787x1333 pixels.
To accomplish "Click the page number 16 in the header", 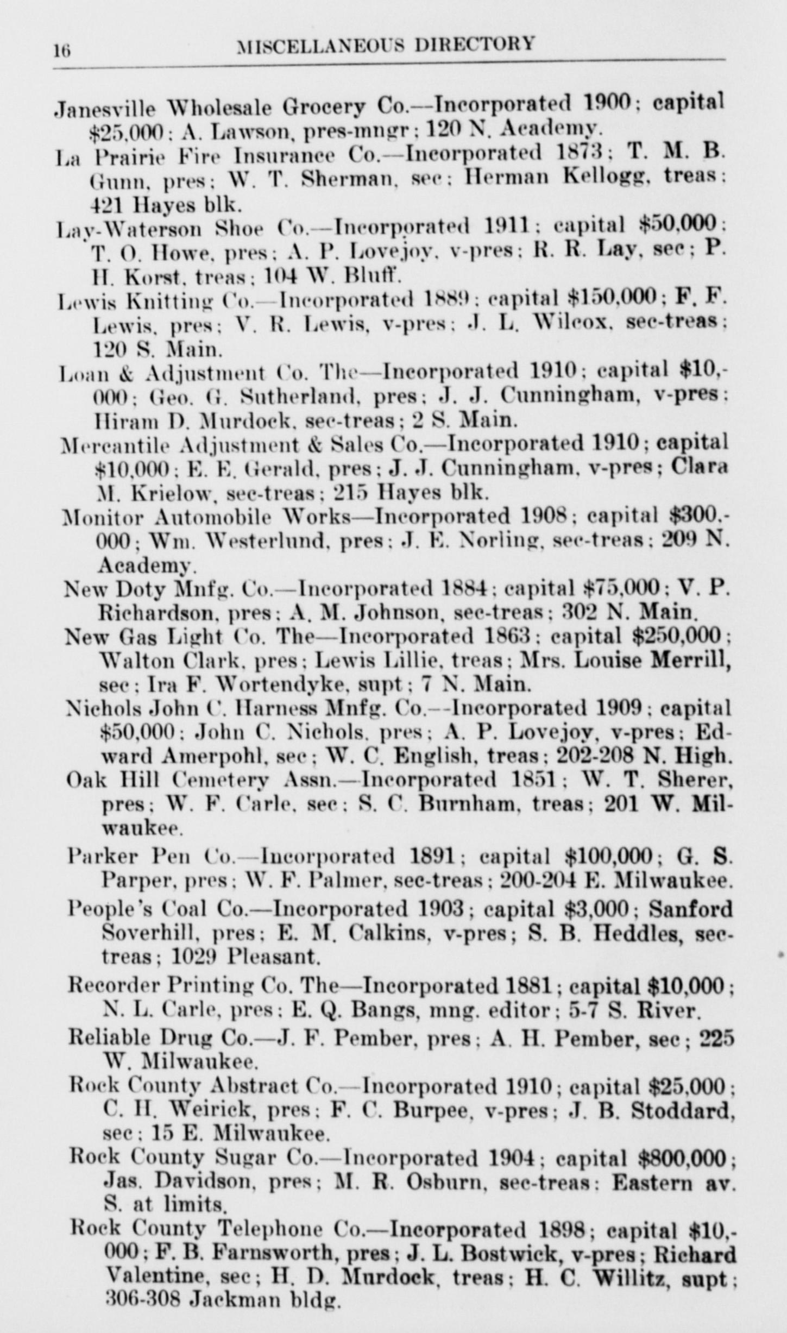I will coord(62,51).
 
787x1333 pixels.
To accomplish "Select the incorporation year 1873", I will coord(581,153).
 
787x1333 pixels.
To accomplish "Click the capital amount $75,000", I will coord(621,588).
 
